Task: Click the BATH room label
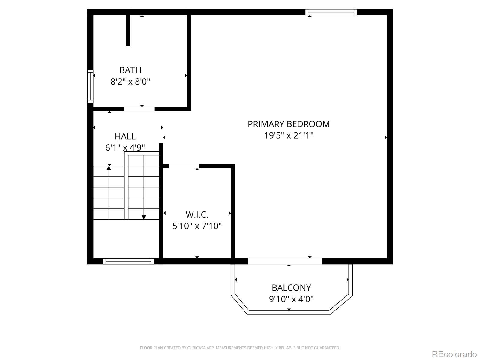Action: pyautogui.click(x=130, y=70)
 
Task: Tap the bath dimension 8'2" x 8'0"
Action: pyautogui.click(x=130, y=82)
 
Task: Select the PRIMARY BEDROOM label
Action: pyautogui.click(x=289, y=124)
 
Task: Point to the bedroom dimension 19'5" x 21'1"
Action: pyautogui.click(x=289, y=135)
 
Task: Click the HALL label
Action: pyautogui.click(x=125, y=136)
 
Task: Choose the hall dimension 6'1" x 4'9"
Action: pyautogui.click(x=125, y=148)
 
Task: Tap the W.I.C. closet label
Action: pyautogui.click(x=197, y=214)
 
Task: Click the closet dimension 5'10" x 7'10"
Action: pyautogui.click(x=197, y=226)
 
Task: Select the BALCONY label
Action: pyautogui.click(x=291, y=288)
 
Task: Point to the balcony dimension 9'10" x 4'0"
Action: pyautogui.click(x=291, y=299)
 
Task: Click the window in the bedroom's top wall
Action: pyautogui.click(x=331, y=12)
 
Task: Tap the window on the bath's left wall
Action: pyautogui.click(x=90, y=86)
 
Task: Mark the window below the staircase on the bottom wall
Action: pyautogui.click(x=128, y=261)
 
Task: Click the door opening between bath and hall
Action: pyautogui.click(x=139, y=109)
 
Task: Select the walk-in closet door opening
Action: pyautogui.click(x=184, y=166)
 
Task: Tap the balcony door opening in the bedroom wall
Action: pyautogui.click(x=284, y=261)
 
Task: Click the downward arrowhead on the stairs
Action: pyautogui.click(x=144, y=217)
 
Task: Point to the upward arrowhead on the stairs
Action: pyautogui.click(x=109, y=168)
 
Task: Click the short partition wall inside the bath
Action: pyautogui.click(x=128, y=30)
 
